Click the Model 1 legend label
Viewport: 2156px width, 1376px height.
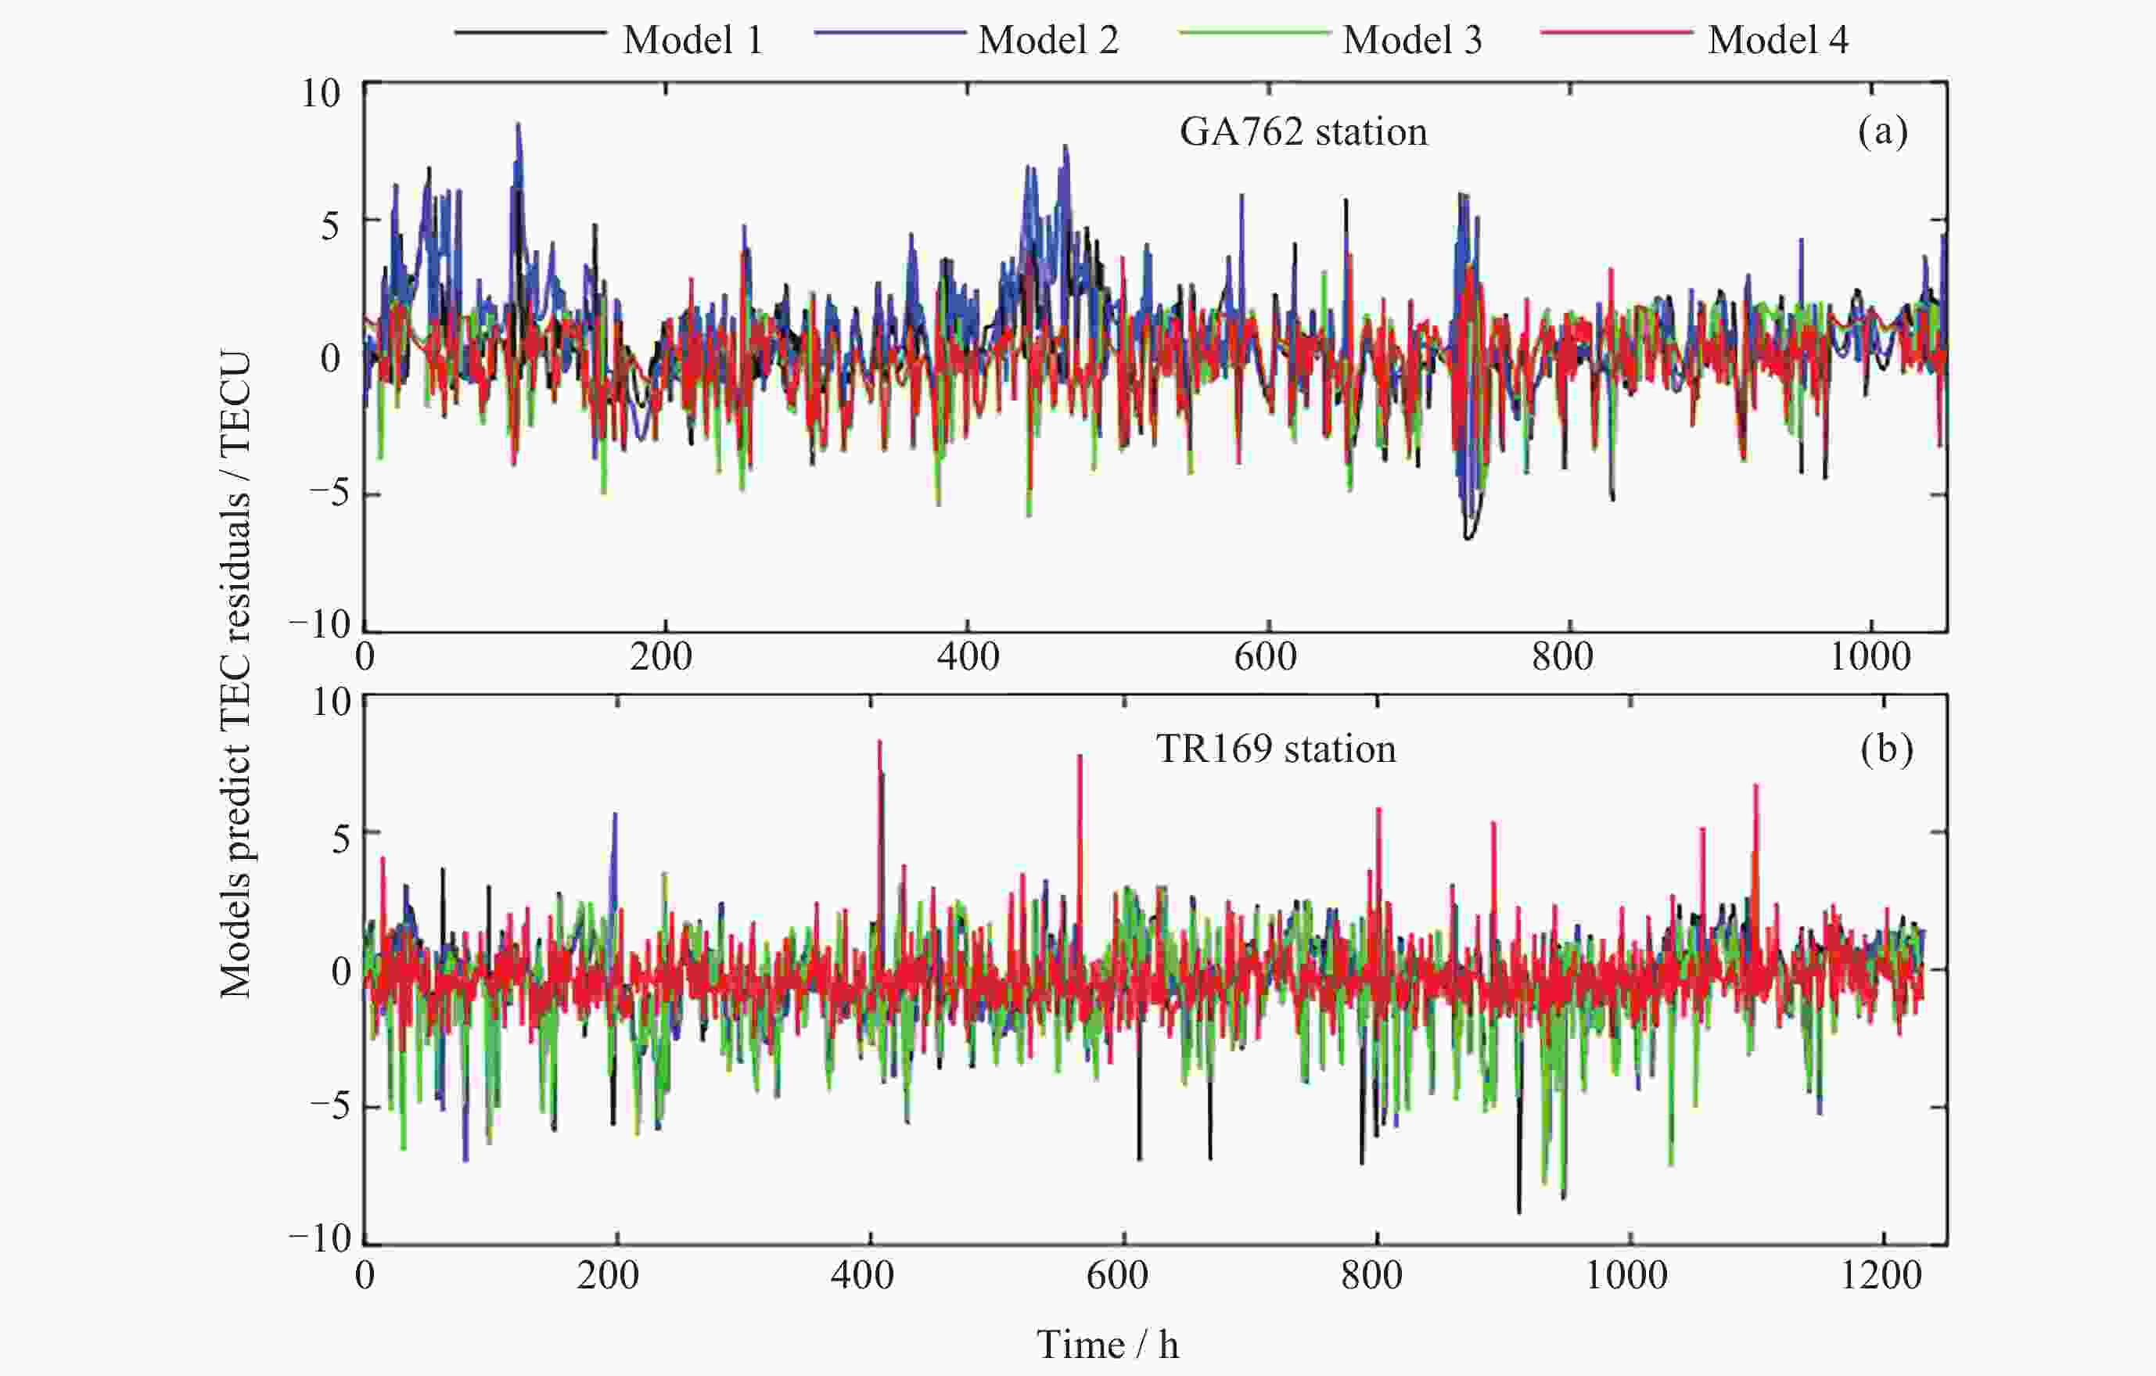(x=693, y=40)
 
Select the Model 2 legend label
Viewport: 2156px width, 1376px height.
(x=1048, y=40)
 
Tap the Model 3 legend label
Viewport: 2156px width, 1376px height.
(x=1412, y=40)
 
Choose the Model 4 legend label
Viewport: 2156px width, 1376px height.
(x=1777, y=40)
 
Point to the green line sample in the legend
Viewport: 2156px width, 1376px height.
(x=1254, y=33)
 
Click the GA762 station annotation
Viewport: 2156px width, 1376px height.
(x=1303, y=132)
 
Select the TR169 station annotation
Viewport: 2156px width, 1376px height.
(x=1275, y=749)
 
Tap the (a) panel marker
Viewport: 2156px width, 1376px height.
(x=1882, y=131)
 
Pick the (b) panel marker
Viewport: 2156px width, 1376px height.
(x=1885, y=749)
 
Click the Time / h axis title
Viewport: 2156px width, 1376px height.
(x=1108, y=1345)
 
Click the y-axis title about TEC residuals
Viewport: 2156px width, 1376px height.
(x=235, y=675)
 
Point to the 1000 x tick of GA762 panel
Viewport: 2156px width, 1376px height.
(x=1870, y=658)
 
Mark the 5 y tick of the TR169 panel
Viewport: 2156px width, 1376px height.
(x=341, y=839)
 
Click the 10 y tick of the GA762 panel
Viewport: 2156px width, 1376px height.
(x=320, y=93)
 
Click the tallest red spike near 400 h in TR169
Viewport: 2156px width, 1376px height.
(x=879, y=743)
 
